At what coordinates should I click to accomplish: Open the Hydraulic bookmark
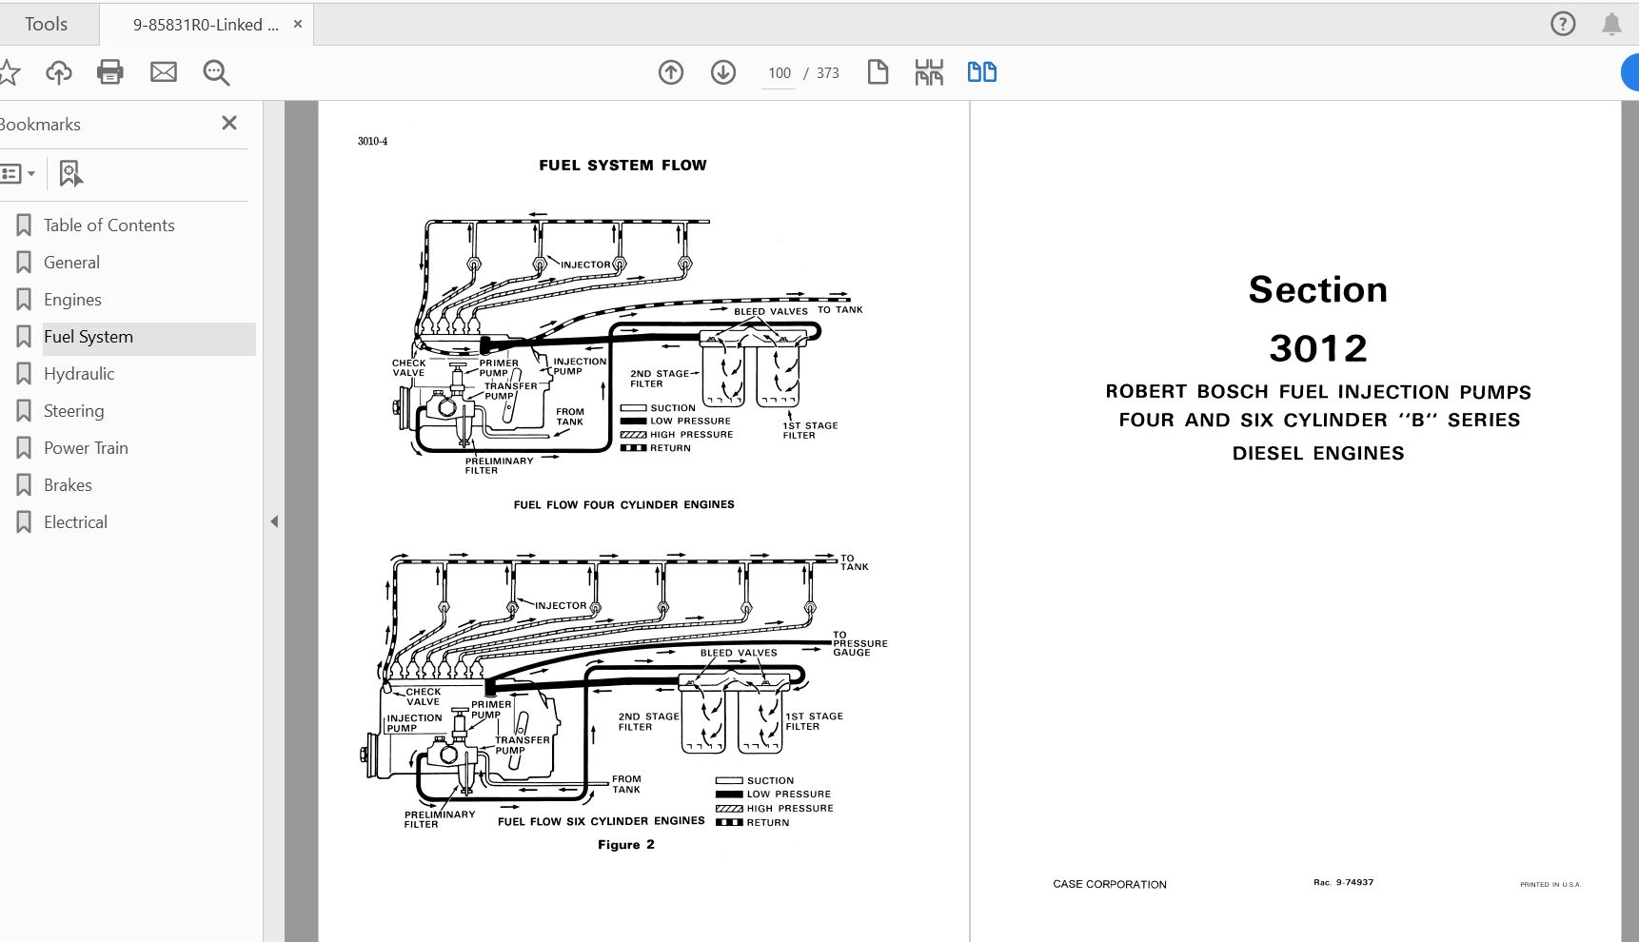click(x=79, y=374)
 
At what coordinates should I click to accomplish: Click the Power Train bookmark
click(x=86, y=448)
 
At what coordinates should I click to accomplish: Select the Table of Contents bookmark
click(x=109, y=226)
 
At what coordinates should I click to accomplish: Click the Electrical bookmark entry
click(x=75, y=522)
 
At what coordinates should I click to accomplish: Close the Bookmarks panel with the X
click(x=229, y=123)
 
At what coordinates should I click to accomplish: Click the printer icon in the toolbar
click(x=110, y=72)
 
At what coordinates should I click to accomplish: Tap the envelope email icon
click(x=164, y=72)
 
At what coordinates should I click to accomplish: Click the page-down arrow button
click(x=723, y=72)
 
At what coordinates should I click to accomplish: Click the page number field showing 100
click(x=780, y=73)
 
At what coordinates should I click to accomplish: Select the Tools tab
click(x=46, y=24)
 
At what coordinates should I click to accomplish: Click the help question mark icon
click(x=1563, y=24)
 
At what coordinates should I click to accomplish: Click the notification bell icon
click(x=1611, y=25)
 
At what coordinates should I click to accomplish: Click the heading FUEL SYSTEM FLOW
click(x=622, y=166)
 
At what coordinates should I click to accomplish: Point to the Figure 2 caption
click(x=625, y=845)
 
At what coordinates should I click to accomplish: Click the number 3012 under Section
click(x=1317, y=348)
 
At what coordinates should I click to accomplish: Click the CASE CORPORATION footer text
click(x=1109, y=884)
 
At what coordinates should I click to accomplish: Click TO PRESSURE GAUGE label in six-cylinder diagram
click(x=859, y=643)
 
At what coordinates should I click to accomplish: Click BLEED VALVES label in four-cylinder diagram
click(x=770, y=311)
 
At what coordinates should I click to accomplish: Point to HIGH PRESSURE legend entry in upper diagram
click(x=691, y=435)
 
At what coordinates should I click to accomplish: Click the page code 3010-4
click(x=372, y=142)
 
